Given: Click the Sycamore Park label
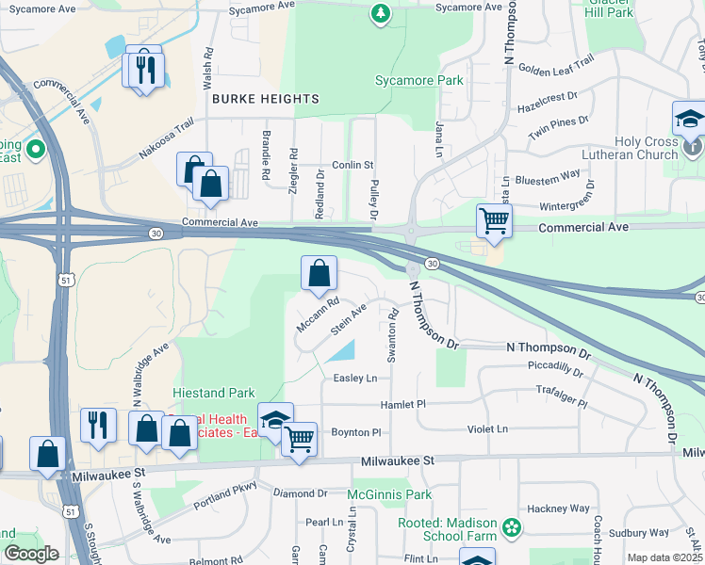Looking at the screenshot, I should [x=419, y=81].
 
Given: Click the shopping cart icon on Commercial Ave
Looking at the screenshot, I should [x=494, y=222].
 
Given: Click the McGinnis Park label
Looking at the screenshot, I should [x=389, y=494].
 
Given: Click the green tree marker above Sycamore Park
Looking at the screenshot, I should [x=380, y=13].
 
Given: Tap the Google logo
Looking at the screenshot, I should [x=31, y=555].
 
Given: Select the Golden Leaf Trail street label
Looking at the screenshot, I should [x=556, y=65].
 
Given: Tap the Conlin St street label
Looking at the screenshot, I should [x=353, y=165].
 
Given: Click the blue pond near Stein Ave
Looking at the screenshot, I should [x=340, y=352].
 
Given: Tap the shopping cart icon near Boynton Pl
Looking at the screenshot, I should [x=299, y=439].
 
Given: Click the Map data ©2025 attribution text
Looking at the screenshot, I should [x=664, y=557].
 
